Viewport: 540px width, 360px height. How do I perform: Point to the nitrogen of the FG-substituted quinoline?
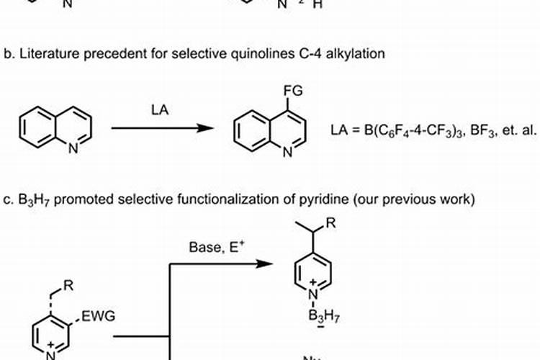coord(289,151)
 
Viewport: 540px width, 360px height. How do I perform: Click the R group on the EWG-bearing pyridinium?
coord(67,287)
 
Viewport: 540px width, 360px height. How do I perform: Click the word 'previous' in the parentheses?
coord(408,199)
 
